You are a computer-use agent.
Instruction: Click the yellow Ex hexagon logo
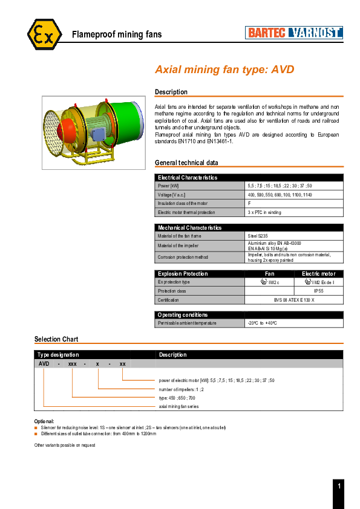click(44, 34)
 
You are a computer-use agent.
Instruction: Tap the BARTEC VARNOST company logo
click(294, 33)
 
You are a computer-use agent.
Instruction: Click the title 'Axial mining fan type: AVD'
click(224, 70)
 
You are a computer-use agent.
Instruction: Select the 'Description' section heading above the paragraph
click(171, 92)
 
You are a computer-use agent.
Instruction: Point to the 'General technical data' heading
click(186, 163)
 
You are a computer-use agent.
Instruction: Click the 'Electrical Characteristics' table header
click(187, 177)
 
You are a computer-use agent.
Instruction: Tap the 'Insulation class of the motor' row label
click(182, 203)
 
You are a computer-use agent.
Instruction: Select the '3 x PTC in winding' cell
click(264, 212)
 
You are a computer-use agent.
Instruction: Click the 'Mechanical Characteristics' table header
click(189, 228)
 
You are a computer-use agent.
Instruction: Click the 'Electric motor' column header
click(318, 274)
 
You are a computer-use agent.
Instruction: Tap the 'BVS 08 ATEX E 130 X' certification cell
click(294, 300)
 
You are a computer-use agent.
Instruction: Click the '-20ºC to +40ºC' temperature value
click(262, 323)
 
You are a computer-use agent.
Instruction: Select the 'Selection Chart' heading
click(56, 339)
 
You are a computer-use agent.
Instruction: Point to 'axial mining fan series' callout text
click(178, 406)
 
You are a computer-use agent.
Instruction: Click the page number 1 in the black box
click(339, 486)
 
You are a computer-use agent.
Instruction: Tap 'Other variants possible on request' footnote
click(65, 445)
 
